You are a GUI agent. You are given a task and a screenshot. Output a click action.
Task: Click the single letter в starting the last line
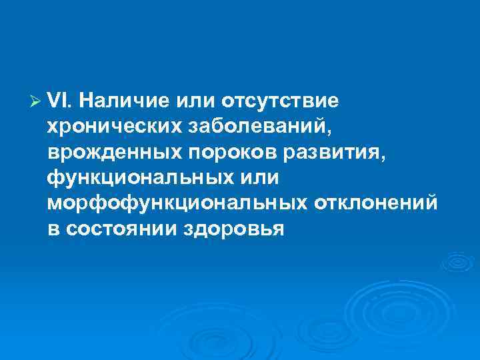(53, 229)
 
